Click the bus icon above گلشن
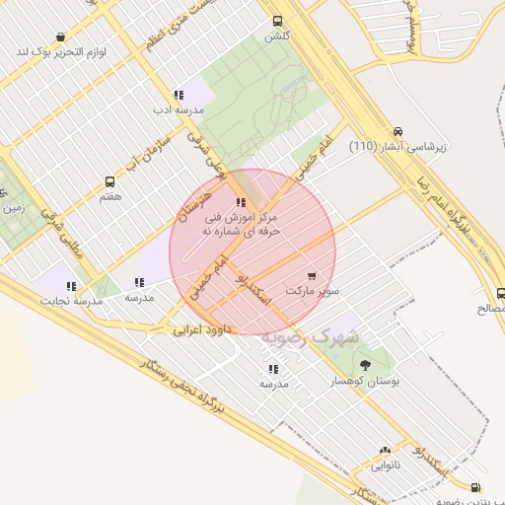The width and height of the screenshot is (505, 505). pyautogui.click(x=277, y=21)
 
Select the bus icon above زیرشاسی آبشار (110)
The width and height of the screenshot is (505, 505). pyautogui.click(x=397, y=131)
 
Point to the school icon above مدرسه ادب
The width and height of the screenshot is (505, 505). pyautogui.click(x=178, y=96)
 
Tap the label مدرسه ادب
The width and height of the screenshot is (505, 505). pyautogui.click(x=177, y=110)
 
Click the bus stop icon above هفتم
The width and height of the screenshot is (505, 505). pyautogui.click(x=109, y=181)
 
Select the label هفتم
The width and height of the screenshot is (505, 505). pyautogui.click(x=109, y=196)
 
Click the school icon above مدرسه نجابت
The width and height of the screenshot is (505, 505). pyautogui.click(x=71, y=286)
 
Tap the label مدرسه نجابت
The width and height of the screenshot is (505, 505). pyautogui.click(x=67, y=301)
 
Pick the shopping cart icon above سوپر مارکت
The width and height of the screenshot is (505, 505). pyautogui.click(x=313, y=276)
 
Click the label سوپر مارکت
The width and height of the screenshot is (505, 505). pyautogui.click(x=313, y=291)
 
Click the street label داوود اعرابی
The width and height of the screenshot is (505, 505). pyautogui.click(x=201, y=328)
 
